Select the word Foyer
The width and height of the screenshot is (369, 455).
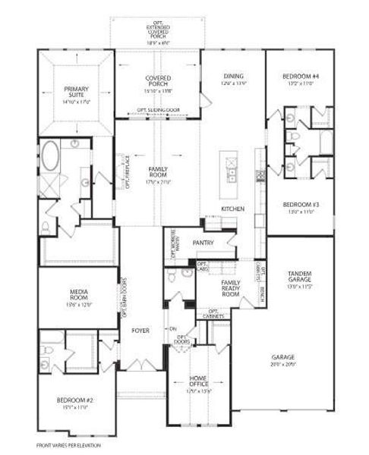(141, 331)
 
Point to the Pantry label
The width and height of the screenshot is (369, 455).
(203, 243)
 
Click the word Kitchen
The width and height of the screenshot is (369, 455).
(232, 208)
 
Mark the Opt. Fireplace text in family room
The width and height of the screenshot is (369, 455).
(128, 171)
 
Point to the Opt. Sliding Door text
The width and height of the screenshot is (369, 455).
(157, 109)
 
